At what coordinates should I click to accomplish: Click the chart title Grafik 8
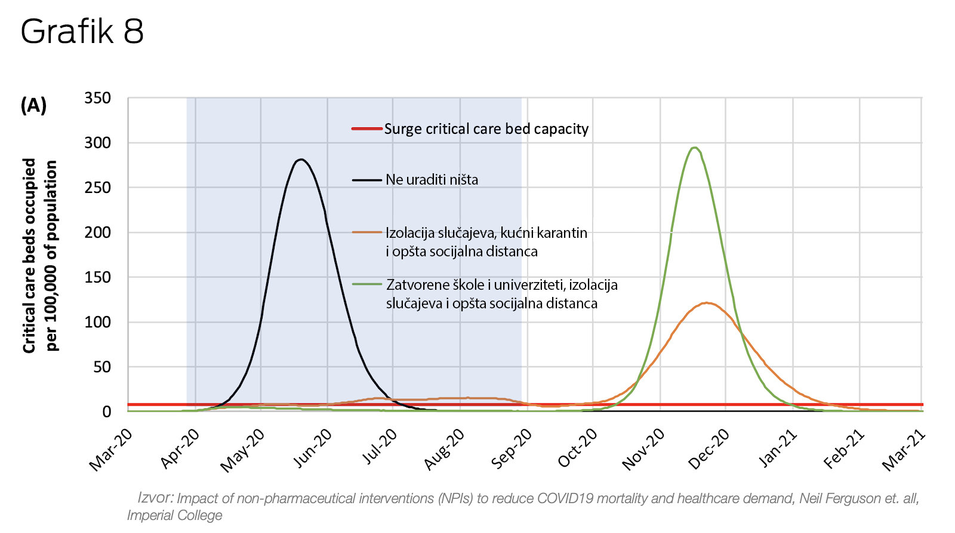pyautogui.click(x=82, y=32)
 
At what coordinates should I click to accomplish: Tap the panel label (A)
pyautogui.click(x=33, y=105)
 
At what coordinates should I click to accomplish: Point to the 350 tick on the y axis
pyautogui.click(x=98, y=98)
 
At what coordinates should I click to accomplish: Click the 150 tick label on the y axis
pyautogui.click(x=98, y=277)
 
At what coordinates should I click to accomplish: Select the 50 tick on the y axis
pyautogui.click(x=102, y=367)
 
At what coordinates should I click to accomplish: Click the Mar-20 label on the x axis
pyautogui.click(x=112, y=449)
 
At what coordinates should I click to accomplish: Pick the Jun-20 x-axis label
pyautogui.click(x=312, y=449)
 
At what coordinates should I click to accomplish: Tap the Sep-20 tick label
pyautogui.click(x=512, y=449)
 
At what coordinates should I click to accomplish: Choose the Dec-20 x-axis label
pyautogui.click(x=709, y=449)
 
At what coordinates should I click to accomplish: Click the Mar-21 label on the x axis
pyautogui.click(x=904, y=449)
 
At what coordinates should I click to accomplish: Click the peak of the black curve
pyautogui.click(x=301, y=160)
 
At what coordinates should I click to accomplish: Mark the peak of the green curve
pyautogui.click(x=694, y=148)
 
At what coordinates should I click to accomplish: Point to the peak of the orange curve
pyautogui.click(x=707, y=303)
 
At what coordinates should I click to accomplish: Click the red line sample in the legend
pyautogui.click(x=366, y=128)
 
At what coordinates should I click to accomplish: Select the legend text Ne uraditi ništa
pyautogui.click(x=432, y=180)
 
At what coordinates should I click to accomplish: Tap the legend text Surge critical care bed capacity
pyautogui.click(x=486, y=129)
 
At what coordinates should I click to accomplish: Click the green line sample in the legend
pyautogui.click(x=366, y=284)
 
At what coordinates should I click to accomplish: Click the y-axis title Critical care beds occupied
pyautogui.click(x=30, y=255)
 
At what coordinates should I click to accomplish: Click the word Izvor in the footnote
pyautogui.click(x=155, y=497)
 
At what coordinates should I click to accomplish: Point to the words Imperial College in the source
pyautogui.click(x=174, y=515)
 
